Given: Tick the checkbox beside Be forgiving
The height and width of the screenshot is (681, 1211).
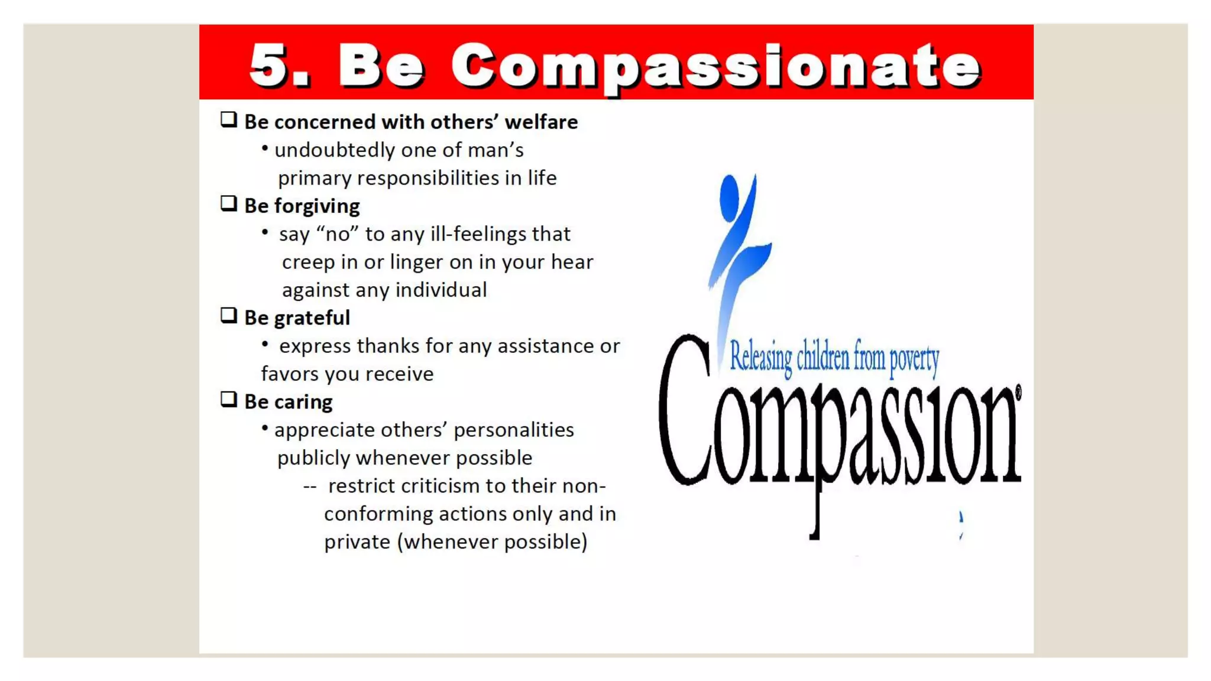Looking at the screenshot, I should pyautogui.click(x=229, y=204).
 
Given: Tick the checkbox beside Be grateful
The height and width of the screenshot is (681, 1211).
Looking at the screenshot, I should pyautogui.click(x=229, y=316).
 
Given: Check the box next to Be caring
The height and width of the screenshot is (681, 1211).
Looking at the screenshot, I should pyautogui.click(x=229, y=400).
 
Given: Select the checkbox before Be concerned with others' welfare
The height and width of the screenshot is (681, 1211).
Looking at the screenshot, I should pyautogui.click(x=229, y=120).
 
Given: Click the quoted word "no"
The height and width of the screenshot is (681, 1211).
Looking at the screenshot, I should pyautogui.click(x=338, y=234).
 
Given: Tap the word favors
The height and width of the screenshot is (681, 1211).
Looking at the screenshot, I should pyautogui.click(x=290, y=374).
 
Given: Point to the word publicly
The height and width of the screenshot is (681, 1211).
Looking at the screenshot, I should pyautogui.click(x=313, y=458).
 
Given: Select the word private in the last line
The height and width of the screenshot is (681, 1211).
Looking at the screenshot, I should pyautogui.click(x=357, y=542).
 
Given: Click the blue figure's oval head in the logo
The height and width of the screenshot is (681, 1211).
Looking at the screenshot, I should pyautogui.click(x=729, y=197).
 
